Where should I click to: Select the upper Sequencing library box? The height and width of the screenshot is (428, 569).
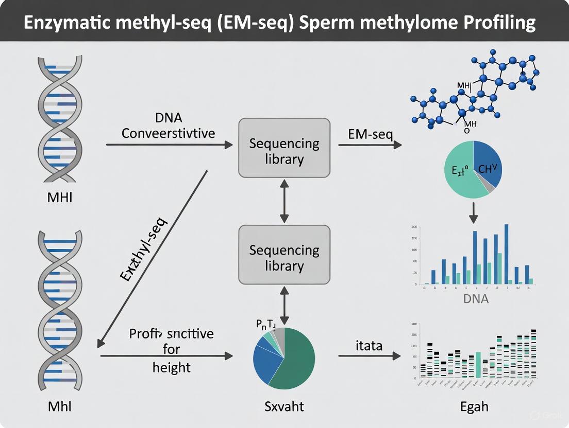pyautogui.click(x=284, y=151)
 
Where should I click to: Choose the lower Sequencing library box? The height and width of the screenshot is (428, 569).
pyautogui.click(x=284, y=258)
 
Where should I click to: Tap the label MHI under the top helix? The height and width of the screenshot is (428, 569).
pyautogui.click(x=59, y=197)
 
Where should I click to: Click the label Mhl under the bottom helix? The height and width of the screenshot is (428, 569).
pyautogui.click(x=59, y=406)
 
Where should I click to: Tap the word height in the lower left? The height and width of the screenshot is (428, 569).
pyautogui.click(x=171, y=367)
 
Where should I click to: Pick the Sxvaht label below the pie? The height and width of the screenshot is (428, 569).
pyautogui.click(x=283, y=406)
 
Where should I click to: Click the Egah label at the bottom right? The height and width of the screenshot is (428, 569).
pyautogui.click(x=474, y=406)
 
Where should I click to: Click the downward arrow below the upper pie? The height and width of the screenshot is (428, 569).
pyautogui.click(x=474, y=212)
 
